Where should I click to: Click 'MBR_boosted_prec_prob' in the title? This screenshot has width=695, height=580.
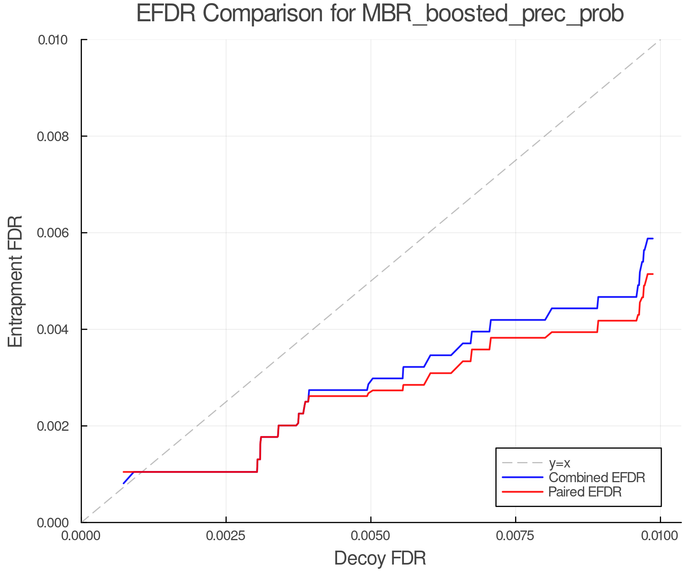point(493,14)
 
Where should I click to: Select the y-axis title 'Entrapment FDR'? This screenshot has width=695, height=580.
point(15,281)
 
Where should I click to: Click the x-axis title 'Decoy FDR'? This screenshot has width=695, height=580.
point(380,558)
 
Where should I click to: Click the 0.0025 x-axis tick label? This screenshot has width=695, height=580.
point(226,536)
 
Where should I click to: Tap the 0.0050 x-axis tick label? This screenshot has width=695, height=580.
point(371,536)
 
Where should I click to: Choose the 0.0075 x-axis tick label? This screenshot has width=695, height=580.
point(515,536)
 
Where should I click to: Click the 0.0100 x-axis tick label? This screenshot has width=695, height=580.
point(660,536)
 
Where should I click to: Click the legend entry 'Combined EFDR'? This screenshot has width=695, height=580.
point(597,478)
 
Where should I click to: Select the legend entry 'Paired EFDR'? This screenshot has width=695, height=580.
point(585,492)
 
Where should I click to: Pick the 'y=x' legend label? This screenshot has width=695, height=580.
point(559,463)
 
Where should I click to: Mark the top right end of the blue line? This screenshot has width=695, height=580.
point(653,239)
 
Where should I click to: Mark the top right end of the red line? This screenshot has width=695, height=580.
point(653,274)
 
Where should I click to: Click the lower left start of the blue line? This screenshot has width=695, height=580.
point(124,483)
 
